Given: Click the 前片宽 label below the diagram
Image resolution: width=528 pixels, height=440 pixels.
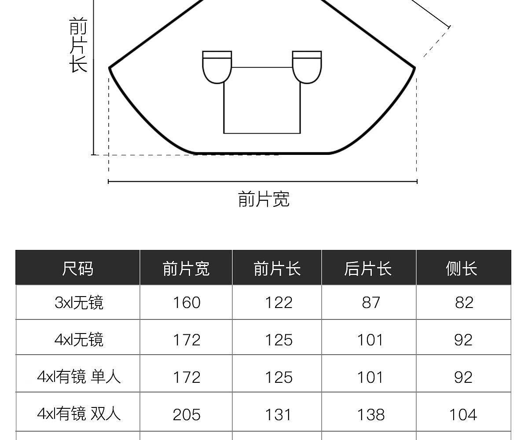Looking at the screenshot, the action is (264, 199).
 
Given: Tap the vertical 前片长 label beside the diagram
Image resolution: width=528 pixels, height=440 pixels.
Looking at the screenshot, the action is (78, 44).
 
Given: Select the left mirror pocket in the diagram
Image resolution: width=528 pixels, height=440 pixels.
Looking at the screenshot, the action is (217, 67).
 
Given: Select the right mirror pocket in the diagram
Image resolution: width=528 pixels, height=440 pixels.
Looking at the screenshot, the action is (307, 67).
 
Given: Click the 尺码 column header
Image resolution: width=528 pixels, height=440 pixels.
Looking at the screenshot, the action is (78, 268).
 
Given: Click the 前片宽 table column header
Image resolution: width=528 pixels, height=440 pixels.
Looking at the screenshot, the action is (186, 268).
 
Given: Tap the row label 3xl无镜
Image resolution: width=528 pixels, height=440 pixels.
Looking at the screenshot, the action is (79, 303).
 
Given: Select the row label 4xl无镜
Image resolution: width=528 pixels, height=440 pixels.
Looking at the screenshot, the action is (79, 340).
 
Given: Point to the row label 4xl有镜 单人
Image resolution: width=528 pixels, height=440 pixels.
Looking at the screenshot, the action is (79, 377).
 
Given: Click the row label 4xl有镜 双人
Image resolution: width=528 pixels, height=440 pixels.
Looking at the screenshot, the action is (79, 414).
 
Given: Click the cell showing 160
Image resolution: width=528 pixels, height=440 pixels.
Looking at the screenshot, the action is (187, 303).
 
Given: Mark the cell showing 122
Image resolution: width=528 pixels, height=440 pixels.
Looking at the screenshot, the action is (279, 303).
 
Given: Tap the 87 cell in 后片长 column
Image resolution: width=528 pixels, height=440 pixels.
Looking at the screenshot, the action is (370, 303).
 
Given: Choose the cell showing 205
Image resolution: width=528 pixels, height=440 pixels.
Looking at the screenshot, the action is (187, 414).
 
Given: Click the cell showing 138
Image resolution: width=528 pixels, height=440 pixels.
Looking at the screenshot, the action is (370, 414).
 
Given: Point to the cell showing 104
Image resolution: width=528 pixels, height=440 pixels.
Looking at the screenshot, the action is (463, 414).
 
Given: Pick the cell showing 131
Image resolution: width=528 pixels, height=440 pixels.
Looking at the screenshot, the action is (279, 414).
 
